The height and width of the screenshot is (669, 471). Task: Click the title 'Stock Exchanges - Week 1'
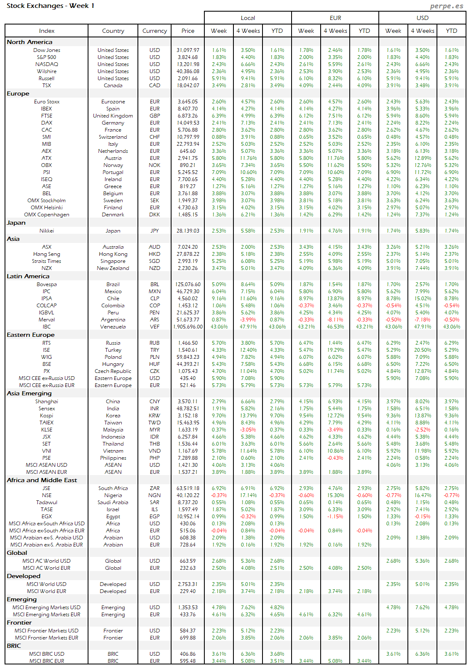click(x=50, y=6)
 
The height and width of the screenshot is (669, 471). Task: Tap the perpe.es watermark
click(x=446, y=6)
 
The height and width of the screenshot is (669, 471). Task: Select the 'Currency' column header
click(x=155, y=31)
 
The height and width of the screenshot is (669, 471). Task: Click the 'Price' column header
click(x=188, y=31)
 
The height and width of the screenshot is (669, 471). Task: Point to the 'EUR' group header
click(x=335, y=18)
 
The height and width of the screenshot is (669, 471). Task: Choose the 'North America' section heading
click(x=29, y=42)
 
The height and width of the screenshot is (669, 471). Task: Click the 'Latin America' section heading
click(x=28, y=276)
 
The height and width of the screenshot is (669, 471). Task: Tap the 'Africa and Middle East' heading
click(x=42, y=480)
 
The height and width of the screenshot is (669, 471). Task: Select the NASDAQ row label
click(x=47, y=64)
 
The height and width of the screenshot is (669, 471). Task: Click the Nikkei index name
click(x=47, y=231)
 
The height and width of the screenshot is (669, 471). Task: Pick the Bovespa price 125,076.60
click(x=188, y=284)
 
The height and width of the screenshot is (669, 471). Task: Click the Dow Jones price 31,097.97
click(x=188, y=50)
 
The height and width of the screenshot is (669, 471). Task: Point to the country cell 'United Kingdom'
click(x=113, y=116)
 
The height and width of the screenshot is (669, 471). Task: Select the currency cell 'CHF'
click(x=155, y=137)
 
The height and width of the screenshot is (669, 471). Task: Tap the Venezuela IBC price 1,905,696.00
click(x=188, y=327)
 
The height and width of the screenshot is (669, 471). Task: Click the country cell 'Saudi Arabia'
click(x=113, y=502)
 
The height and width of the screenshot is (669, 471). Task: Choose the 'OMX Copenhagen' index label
click(x=47, y=215)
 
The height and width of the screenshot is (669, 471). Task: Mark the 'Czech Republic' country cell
click(x=113, y=371)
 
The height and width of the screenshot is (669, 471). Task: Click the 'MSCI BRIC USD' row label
click(x=47, y=654)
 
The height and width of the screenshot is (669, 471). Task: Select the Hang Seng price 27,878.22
click(x=188, y=254)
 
